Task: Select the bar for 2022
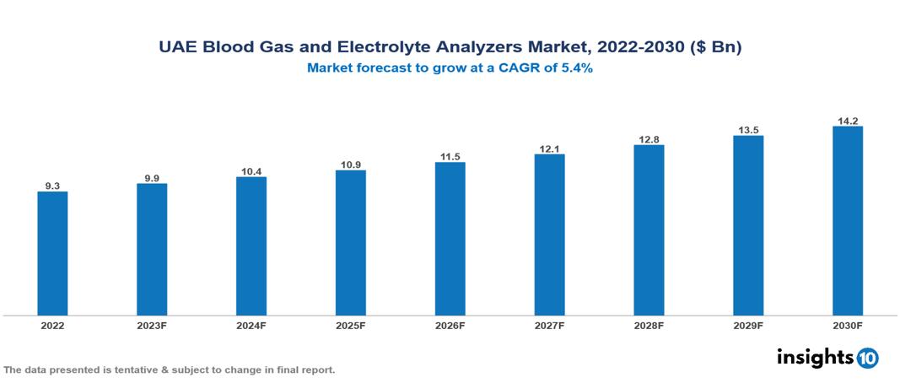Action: click(x=52, y=253)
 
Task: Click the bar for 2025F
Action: click(x=350, y=243)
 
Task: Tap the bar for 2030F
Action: click(x=847, y=221)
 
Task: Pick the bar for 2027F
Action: click(x=549, y=235)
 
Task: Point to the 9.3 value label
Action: click(x=52, y=185)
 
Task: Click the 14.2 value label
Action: click(x=847, y=120)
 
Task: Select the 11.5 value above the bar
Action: click(x=450, y=156)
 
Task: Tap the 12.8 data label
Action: click(x=649, y=138)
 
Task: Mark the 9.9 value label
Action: click(x=152, y=177)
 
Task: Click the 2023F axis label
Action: click(x=152, y=325)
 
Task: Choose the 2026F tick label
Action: click(x=450, y=325)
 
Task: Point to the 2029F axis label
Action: click(x=747, y=325)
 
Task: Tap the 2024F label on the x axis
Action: click(x=251, y=325)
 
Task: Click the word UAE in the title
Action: click(x=178, y=48)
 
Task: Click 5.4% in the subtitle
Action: click(x=577, y=68)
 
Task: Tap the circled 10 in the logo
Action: click(x=868, y=358)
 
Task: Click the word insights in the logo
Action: click(x=815, y=357)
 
